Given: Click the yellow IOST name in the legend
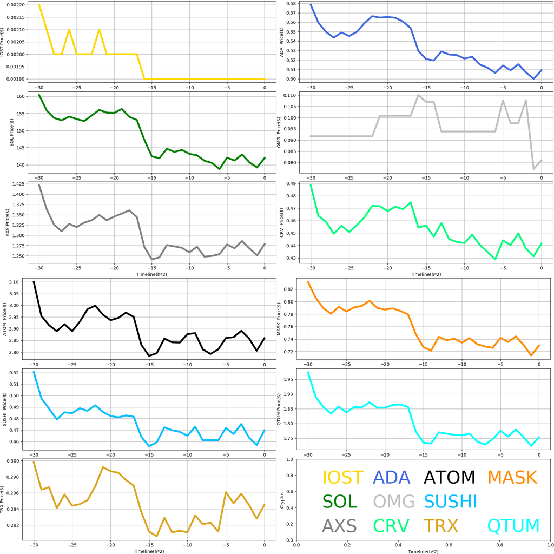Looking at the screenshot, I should coord(342,477).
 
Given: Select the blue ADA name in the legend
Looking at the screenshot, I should coord(392,477).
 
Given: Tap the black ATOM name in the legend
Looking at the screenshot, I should coord(449,477).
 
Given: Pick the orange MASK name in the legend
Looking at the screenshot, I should coord(512,477).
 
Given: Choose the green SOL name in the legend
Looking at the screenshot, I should coord(340,502).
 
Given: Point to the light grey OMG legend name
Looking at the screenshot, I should coord(394,502).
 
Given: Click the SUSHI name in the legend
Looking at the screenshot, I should coord(450,502).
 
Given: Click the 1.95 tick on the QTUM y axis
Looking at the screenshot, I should coord(293,379).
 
